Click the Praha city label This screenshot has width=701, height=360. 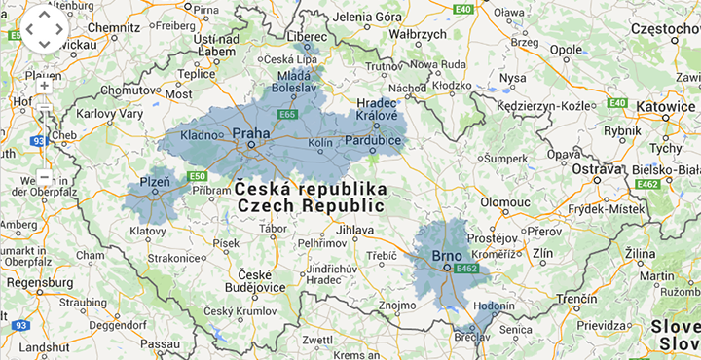[x=251, y=133]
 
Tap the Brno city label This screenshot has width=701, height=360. [x=448, y=256]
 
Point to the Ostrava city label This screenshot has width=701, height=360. [x=596, y=169]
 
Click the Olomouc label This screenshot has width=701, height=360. [x=504, y=201]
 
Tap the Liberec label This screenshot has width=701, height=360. [x=307, y=36]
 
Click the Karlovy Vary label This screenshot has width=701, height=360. [x=110, y=114]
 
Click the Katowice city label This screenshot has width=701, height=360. [x=665, y=106]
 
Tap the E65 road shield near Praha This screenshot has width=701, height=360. [x=287, y=115]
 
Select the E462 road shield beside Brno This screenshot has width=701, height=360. [x=467, y=268]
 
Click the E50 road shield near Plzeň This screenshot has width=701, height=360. [x=198, y=176]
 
